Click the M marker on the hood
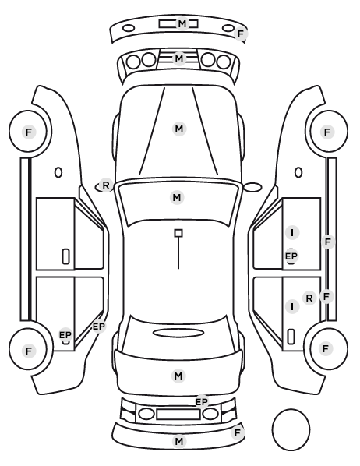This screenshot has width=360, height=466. [179, 129]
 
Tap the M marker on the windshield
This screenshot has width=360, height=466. [177, 197]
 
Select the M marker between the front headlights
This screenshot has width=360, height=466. [179, 59]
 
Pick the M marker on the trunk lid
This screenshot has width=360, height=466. [178, 376]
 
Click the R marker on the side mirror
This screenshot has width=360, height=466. [105, 185]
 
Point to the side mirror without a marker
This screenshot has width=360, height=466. [252, 187]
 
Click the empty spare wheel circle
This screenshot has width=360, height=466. [291, 429]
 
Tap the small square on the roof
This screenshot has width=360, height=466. [178, 233]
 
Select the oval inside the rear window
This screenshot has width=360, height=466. [178, 333]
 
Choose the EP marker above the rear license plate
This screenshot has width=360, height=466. [202, 402]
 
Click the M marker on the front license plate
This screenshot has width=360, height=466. [182, 23]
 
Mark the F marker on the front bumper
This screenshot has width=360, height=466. [241, 34]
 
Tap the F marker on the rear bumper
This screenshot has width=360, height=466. [237, 432]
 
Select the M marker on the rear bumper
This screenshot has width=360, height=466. [179, 441]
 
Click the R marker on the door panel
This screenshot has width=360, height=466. [309, 298]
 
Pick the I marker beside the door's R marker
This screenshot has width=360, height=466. [292, 306]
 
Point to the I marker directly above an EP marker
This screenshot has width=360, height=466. [292, 232]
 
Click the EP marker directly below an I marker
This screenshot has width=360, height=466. [291, 256]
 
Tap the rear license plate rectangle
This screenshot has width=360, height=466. [178, 414]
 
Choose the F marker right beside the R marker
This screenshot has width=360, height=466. [326, 296]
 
